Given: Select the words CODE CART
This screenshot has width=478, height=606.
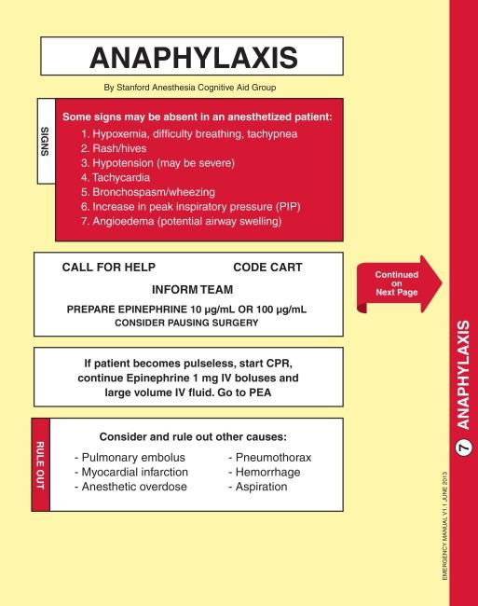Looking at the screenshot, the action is (x=267, y=268).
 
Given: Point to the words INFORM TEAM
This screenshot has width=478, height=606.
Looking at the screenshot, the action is (x=194, y=290).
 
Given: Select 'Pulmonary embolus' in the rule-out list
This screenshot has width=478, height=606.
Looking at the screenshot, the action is (x=130, y=458).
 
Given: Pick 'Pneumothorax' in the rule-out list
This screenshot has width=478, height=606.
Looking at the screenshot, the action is (x=270, y=458).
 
